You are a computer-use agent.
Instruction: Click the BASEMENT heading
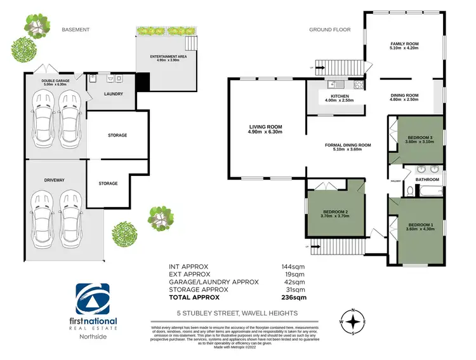tap(76, 30)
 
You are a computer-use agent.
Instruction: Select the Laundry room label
tap(113, 94)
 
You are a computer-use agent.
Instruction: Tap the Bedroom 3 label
tap(418, 138)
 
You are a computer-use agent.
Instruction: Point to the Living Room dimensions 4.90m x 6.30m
tap(265, 132)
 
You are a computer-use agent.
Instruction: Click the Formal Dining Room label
tap(348, 145)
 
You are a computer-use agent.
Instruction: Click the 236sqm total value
tap(294, 297)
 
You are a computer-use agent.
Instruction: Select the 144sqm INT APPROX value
tap(294, 267)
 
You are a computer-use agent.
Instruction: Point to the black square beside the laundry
tap(143, 82)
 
